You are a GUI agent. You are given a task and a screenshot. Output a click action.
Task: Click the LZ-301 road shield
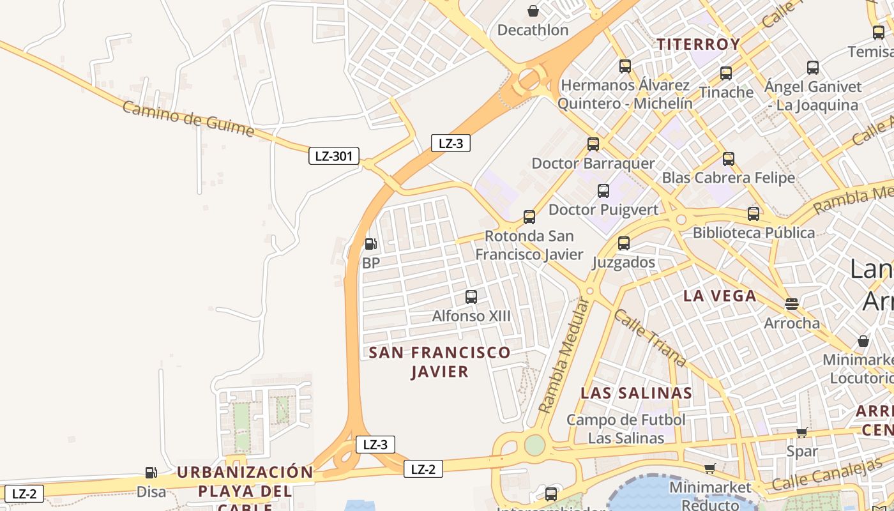tap(333, 156)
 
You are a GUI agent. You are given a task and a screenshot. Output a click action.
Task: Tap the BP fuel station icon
tap(370, 243)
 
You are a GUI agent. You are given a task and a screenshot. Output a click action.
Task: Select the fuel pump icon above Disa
tap(151, 473)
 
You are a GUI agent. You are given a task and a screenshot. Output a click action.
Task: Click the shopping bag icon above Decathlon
tap(533, 11)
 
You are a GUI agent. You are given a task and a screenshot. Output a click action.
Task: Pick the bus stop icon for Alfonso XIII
tap(471, 296)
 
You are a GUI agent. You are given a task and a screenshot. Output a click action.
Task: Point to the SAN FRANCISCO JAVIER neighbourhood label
tap(439, 362)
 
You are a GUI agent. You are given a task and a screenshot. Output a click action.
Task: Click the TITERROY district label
tap(699, 44)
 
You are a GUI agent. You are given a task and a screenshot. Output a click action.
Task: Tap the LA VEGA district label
tap(720, 296)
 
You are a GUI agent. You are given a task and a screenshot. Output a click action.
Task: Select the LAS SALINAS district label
tap(636, 393)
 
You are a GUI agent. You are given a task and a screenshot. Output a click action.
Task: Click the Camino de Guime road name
tap(188, 119)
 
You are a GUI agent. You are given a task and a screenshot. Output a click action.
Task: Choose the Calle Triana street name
tap(650, 339)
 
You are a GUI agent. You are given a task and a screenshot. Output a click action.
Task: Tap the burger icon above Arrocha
tap(792, 303)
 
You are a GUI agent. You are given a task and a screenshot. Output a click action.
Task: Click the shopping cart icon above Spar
tap(801, 433)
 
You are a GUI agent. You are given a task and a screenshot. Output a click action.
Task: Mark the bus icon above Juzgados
tap(624, 243)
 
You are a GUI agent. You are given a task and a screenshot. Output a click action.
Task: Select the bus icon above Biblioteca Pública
tap(754, 213)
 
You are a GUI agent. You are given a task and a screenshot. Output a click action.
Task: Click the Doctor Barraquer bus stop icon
tap(593, 144)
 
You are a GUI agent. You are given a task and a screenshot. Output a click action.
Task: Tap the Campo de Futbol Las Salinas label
tap(626, 429)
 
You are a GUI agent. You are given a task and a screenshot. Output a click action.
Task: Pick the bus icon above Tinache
tap(726, 73)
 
